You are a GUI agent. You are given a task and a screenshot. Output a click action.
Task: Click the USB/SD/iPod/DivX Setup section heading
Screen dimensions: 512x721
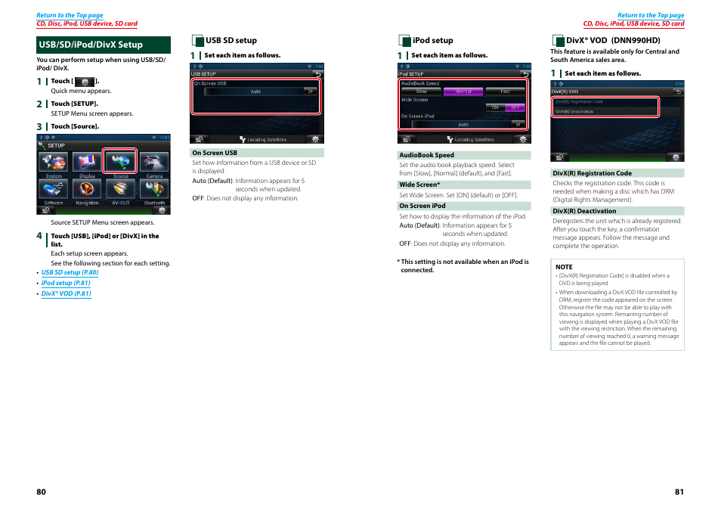point(91,45)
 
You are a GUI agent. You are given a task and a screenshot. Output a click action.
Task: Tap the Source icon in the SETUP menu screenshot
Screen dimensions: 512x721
point(120,163)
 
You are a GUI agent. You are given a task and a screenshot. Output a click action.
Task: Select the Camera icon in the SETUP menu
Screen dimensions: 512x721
point(153,163)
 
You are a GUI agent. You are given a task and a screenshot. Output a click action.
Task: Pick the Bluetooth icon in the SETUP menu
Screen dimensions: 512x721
point(153,190)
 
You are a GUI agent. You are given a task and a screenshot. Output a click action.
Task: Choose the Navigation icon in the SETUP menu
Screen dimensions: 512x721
point(87,190)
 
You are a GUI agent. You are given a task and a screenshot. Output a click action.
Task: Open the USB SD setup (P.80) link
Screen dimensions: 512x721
point(70,272)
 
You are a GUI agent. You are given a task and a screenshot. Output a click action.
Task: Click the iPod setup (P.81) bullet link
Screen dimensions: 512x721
point(66,283)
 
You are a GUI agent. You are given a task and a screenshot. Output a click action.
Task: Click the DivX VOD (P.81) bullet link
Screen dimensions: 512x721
point(66,293)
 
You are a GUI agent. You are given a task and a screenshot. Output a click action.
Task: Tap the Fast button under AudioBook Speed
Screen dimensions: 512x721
point(505,92)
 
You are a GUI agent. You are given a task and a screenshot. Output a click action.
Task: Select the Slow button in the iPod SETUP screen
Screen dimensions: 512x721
point(421,92)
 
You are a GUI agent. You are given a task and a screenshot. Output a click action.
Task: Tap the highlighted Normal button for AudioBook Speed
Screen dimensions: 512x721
point(463,92)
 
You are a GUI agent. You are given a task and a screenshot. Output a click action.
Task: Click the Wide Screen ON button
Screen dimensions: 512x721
point(495,107)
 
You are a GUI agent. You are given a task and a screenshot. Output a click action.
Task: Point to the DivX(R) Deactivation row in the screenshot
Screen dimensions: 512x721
point(574,111)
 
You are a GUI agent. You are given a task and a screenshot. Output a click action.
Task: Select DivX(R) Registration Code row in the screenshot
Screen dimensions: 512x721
point(579,101)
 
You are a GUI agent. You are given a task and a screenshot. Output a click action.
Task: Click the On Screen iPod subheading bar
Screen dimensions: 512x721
point(464,206)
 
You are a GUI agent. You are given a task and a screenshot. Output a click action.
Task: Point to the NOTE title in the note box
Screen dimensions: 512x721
point(564,267)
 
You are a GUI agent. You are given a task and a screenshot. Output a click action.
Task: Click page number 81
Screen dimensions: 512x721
point(679,492)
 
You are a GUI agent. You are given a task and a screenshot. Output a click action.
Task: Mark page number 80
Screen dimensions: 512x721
point(42,492)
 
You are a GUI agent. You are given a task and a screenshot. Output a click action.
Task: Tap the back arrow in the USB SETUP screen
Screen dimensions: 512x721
point(316,75)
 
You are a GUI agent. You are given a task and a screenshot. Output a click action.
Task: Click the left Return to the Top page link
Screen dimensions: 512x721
point(70,15)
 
